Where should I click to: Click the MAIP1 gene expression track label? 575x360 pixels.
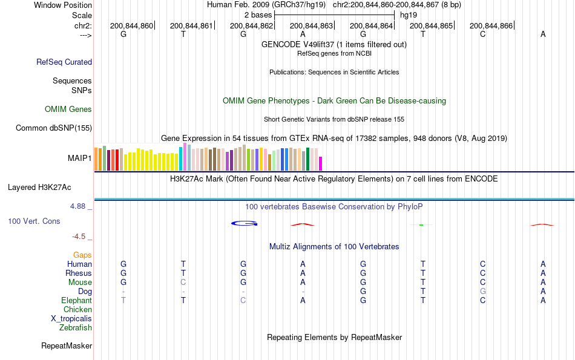click(x=80, y=159)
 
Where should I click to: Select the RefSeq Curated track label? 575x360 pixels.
click(x=64, y=62)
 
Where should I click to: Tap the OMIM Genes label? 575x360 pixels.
click(x=68, y=110)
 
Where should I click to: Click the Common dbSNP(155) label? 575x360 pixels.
click(x=54, y=128)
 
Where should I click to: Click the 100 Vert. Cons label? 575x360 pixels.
click(x=34, y=221)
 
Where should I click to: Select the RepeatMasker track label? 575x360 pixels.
click(x=67, y=346)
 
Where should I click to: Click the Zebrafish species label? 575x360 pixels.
click(x=76, y=328)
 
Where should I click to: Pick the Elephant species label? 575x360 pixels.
click(x=76, y=301)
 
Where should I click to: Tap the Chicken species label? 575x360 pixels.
click(x=77, y=310)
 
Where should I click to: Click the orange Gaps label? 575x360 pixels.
click(x=82, y=255)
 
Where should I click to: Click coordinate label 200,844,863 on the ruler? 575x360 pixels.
click(x=312, y=25)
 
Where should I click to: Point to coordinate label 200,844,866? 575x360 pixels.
click(x=491, y=25)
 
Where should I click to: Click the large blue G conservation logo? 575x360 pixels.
click(x=245, y=224)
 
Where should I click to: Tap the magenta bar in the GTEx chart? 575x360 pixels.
click(x=321, y=163)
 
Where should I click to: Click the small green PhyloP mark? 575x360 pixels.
click(x=421, y=225)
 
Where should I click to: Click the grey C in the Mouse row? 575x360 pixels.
click(x=183, y=283)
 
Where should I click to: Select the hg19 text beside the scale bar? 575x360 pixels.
click(x=409, y=15)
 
